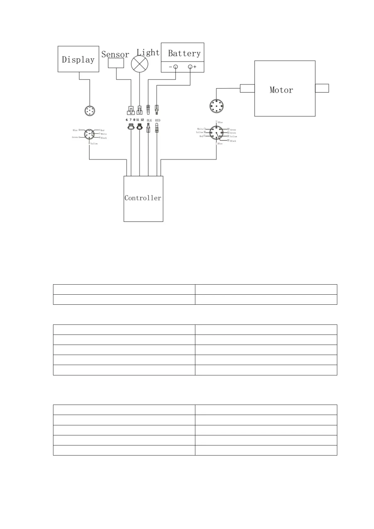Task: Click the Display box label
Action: coord(78,60)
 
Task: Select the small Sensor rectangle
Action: coord(116,63)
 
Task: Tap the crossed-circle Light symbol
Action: coord(139,64)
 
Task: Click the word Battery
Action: coord(184,53)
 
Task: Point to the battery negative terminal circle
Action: coord(176,67)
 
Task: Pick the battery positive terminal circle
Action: coord(190,67)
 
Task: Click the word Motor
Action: coord(281,90)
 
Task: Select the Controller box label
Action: coord(143,198)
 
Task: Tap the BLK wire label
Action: coord(149,120)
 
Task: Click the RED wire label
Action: coord(158,120)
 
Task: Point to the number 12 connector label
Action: coord(142,120)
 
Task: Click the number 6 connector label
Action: coord(127,120)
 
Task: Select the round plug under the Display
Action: coord(90,111)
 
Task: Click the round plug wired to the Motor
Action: coord(216,106)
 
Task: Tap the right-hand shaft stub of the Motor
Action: coord(322,88)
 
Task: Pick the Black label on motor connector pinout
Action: coord(233,141)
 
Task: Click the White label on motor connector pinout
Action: coord(200,129)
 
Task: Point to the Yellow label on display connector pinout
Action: coord(94,144)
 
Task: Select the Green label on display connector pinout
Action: coord(75,137)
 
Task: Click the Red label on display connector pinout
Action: coord(102,130)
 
